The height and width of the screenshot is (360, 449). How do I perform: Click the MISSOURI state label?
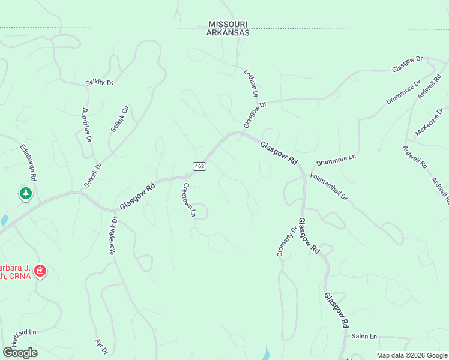[228, 24]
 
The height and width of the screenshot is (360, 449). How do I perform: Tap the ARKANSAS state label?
[228, 33]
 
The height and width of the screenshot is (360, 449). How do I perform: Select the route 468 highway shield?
[200, 166]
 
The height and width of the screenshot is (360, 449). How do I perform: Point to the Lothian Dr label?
[250, 83]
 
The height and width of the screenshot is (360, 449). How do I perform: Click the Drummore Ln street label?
[336, 160]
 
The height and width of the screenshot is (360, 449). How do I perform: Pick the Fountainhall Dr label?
[329, 187]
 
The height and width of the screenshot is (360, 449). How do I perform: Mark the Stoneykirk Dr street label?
[113, 236]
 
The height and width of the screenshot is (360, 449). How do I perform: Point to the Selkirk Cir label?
[119, 119]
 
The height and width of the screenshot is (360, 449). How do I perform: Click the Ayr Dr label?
[101, 346]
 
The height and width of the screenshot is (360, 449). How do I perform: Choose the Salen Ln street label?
[364, 337]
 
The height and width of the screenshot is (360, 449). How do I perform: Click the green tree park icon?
[25, 193]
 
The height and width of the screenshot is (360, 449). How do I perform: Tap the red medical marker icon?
[40, 271]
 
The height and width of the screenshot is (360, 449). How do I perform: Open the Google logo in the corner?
[20, 353]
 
